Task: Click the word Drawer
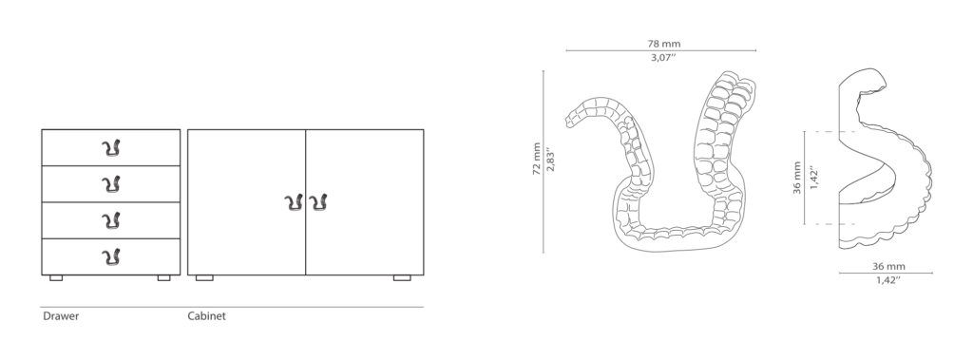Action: click(x=61, y=316)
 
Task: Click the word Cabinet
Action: click(x=206, y=316)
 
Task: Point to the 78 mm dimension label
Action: click(x=664, y=44)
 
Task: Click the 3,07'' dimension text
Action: click(x=663, y=58)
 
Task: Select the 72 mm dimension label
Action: click(x=537, y=159)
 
